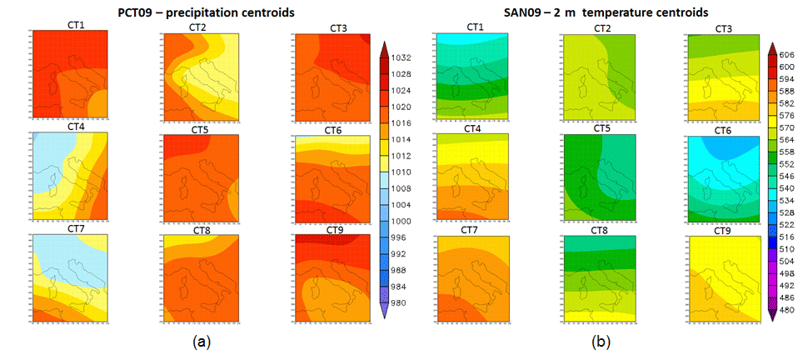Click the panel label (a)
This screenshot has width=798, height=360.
200,342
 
